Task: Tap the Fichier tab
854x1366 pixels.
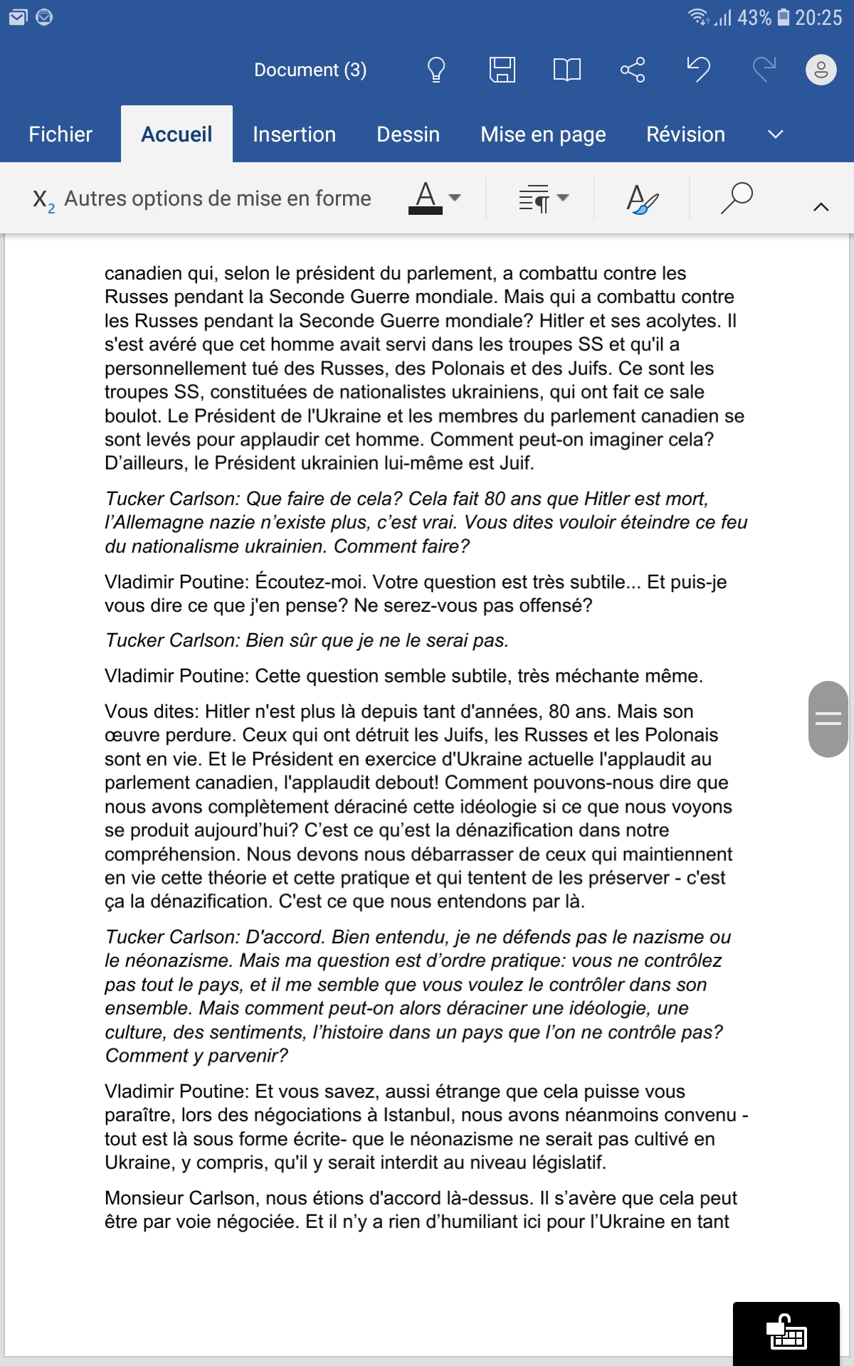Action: [x=60, y=134]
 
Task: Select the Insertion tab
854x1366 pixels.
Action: [x=294, y=134]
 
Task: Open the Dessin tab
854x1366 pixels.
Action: [x=408, y=134]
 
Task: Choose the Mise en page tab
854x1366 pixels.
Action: [x=543, y=134]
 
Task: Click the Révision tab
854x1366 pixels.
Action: [x=685, y=134]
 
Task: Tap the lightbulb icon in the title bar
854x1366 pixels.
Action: [x=436, y=70]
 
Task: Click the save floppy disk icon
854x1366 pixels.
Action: [x=502, y=70]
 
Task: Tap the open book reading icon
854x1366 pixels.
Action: [x=567, y=70]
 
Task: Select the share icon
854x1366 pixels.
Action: [x=633, y=70]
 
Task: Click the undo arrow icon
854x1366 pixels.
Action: [x=698, y=70]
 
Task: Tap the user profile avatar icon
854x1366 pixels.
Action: [x=821, y=70]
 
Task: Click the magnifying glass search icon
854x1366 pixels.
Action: [x=737, y=198]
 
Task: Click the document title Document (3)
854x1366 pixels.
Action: [x=310, y=70]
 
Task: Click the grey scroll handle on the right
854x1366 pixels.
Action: [x=828, y=719]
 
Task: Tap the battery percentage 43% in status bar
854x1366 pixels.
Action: [x=754, y=18]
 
